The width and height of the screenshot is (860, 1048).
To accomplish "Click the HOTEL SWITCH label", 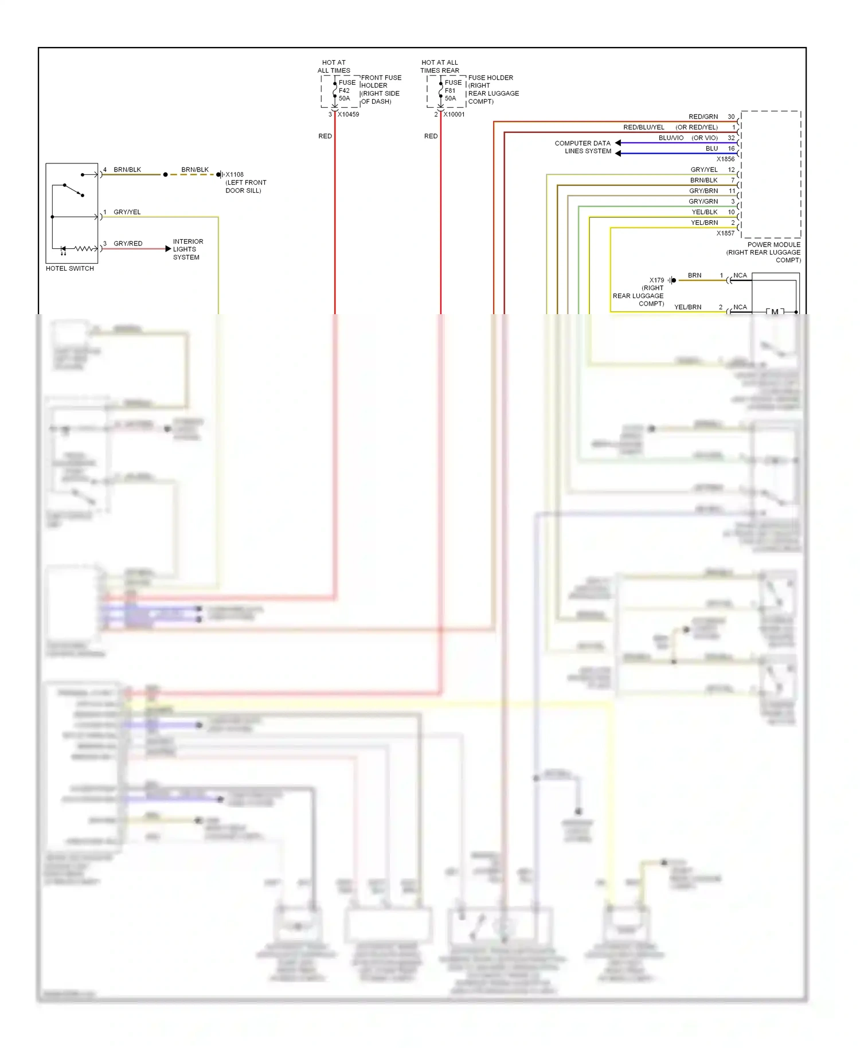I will point(70,268).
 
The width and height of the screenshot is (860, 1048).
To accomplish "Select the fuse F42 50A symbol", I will point(335,91).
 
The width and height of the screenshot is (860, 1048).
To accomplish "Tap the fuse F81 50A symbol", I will point(441,91).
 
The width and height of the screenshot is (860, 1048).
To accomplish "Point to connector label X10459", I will point(348,115).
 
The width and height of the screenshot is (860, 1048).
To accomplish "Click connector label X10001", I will point(454,115).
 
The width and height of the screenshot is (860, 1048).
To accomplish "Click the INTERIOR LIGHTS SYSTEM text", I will point(187,249).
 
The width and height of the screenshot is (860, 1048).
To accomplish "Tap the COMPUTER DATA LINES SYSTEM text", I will point(583,147).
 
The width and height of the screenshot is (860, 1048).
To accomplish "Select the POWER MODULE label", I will point(773,245).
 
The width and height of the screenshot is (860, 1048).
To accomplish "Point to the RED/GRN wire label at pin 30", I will point(703,117).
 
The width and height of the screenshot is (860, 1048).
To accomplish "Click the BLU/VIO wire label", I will point(671,138).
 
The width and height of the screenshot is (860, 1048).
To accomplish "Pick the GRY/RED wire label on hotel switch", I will point(128,244).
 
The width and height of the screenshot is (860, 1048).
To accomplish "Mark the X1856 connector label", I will point(725,159).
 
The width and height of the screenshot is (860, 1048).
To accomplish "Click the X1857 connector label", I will point(725,233).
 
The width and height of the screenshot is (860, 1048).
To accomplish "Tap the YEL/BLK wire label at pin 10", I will point(705,212).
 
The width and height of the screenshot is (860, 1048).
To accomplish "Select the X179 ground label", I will point(656,280).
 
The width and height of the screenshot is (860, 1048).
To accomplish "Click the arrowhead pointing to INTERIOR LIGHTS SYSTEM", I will point(168,249).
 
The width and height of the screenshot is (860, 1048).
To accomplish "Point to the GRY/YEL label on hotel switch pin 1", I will point(127,212).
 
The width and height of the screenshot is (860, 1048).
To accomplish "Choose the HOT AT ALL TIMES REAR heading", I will point(440,67).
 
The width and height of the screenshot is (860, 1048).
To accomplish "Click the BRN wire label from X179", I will point(694,276).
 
